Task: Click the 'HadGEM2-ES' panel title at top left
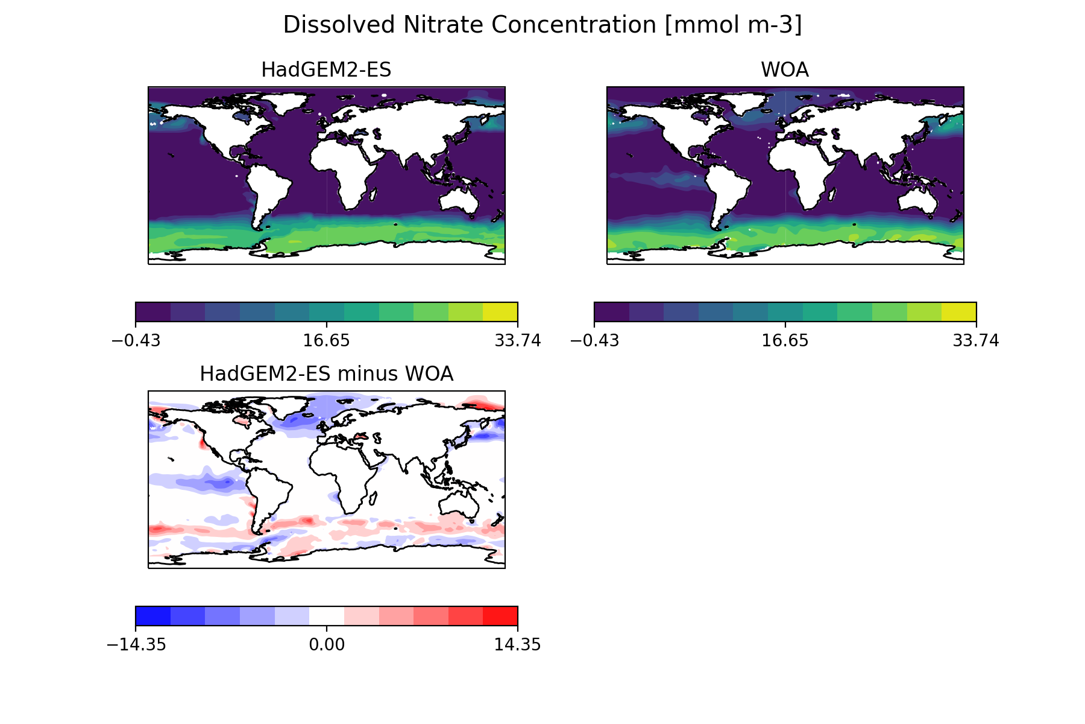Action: [326, 71]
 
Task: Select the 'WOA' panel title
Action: [784, 71]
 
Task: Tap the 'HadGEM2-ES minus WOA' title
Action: [326, 375]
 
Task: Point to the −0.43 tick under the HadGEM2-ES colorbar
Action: [136, 341]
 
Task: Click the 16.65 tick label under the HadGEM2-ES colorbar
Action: [326, 341]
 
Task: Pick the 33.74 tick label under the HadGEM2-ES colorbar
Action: [517, 341]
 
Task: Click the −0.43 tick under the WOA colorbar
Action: [594, 341]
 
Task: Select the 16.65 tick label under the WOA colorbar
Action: [785, 341]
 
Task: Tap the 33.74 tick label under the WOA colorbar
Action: [975, 341]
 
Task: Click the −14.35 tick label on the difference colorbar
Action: [136, 645]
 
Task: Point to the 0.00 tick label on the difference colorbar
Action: [326, 645]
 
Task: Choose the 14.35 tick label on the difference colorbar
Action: [517, 645]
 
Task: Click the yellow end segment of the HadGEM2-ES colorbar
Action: [500, 312]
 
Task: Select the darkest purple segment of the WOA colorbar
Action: [612, 312]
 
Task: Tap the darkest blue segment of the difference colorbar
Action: [153, 616]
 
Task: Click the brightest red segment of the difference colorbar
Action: [500, 616]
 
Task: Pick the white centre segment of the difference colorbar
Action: [327, 616]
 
